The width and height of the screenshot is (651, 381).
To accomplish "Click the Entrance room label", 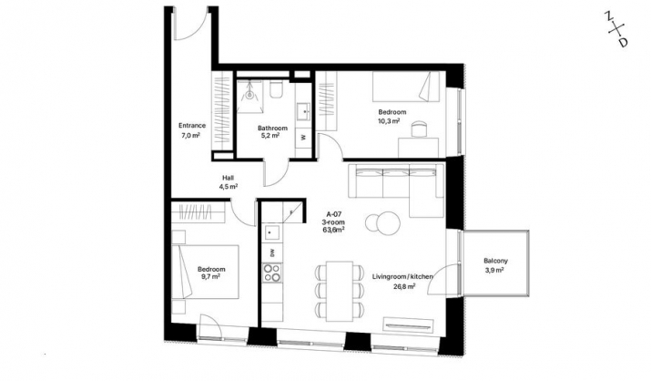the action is click(192, 126).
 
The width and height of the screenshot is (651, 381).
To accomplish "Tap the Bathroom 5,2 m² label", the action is click(272, 131).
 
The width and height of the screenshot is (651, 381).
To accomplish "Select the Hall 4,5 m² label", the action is click(229, 182).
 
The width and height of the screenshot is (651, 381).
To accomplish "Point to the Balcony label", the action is click(495, 261).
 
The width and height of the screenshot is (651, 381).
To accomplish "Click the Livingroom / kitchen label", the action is click(402, 276).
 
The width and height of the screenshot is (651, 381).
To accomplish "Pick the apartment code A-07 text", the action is click(334, 215).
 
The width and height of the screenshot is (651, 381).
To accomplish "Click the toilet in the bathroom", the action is click(276, 89).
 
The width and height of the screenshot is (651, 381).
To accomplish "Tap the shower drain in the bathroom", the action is click(249, 95).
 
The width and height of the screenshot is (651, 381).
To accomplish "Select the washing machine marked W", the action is click(303, 137).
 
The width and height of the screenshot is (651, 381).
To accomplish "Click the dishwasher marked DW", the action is click(272, 252).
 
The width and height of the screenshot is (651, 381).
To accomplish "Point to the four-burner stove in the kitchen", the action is click(272, 273).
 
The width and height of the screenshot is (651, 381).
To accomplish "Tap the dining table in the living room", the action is click(340, 291).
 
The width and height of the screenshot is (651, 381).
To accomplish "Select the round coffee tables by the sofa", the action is click(382, 221).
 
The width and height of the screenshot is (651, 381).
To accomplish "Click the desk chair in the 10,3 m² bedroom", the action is click(419, 128).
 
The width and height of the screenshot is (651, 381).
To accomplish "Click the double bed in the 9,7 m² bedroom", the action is click(206, 272).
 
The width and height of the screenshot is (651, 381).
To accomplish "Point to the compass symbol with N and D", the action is click(616, 29).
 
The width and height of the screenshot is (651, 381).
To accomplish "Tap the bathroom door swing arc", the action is click(278, 179).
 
